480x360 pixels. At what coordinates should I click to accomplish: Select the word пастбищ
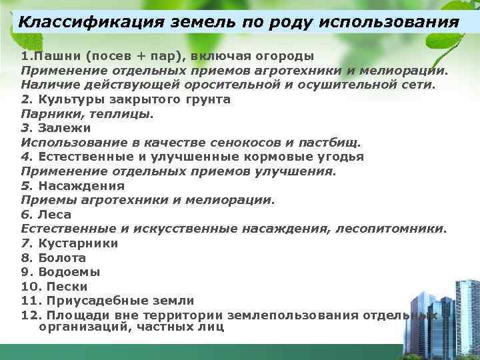click(331, 142)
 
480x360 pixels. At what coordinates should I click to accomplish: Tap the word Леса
click(55, 215)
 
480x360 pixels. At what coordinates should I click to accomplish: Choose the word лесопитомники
click(393, 229)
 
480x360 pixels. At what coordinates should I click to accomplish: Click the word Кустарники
click(78, 243)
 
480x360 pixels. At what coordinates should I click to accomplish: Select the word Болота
click(62, 257)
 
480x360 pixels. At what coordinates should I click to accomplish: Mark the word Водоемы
click(69, 272)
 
